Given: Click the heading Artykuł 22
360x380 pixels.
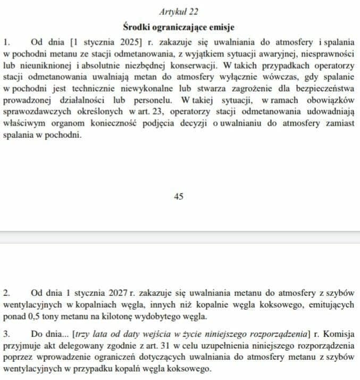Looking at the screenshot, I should pos(179,11).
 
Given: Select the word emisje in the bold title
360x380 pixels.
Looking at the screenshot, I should pos(219,27).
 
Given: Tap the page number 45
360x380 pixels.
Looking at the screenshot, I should pos(179,196).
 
